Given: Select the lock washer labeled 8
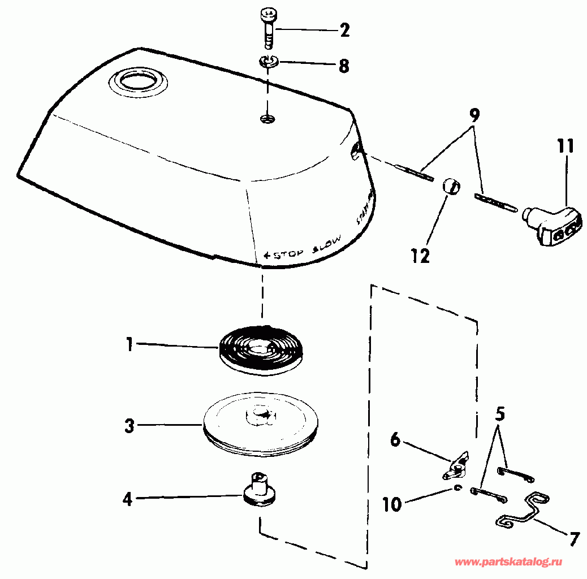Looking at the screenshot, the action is pos(270,62).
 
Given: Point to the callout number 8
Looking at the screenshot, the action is pos(343,66).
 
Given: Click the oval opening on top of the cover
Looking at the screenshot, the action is pos(139,80).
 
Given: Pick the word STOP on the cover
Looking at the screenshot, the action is pos(286,254).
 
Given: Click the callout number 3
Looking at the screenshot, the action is pos(130,426).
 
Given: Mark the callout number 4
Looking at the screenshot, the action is pos(128,499).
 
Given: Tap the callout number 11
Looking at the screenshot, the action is pos(564,147).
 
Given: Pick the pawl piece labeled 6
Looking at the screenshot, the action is pos(457,464).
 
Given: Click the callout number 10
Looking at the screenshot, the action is pos(392,504).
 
